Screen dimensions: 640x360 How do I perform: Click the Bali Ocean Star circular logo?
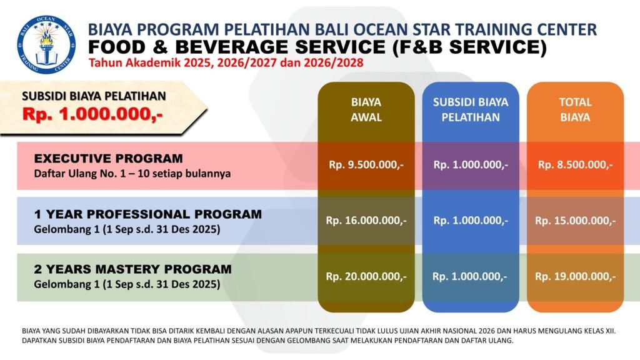coord(46,44)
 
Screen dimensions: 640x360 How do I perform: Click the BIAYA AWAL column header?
coord(366,109)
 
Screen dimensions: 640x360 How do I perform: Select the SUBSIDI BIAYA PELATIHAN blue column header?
coord(471,109)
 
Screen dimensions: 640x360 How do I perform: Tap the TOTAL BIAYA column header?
coord(575,109)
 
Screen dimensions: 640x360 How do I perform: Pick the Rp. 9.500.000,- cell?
coord(366,165)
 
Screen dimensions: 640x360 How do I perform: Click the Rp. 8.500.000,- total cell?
coord(575,165)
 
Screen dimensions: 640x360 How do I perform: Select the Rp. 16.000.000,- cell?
coord(366,221)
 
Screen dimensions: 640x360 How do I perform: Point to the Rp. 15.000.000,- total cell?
coord(575,221)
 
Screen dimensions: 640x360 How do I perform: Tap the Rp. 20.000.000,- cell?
coord(366,277)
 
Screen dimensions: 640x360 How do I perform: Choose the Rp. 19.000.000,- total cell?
coord(575,277)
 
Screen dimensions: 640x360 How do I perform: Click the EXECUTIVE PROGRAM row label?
coord(108,158)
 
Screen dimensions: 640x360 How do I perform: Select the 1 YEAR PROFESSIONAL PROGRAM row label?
coord(147,214)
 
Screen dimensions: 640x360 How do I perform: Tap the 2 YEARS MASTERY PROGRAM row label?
coord(132,269)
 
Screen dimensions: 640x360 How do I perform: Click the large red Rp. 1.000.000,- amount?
coord(92,114)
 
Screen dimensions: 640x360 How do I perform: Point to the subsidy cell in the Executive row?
coord(471,165)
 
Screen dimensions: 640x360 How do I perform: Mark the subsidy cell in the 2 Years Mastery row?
coord(470,277)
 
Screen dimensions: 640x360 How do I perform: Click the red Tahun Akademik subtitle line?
coord(226,63)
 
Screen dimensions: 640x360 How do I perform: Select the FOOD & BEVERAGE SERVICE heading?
coord(317,47)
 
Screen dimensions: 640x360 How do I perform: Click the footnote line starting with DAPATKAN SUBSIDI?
coord(267,341)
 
